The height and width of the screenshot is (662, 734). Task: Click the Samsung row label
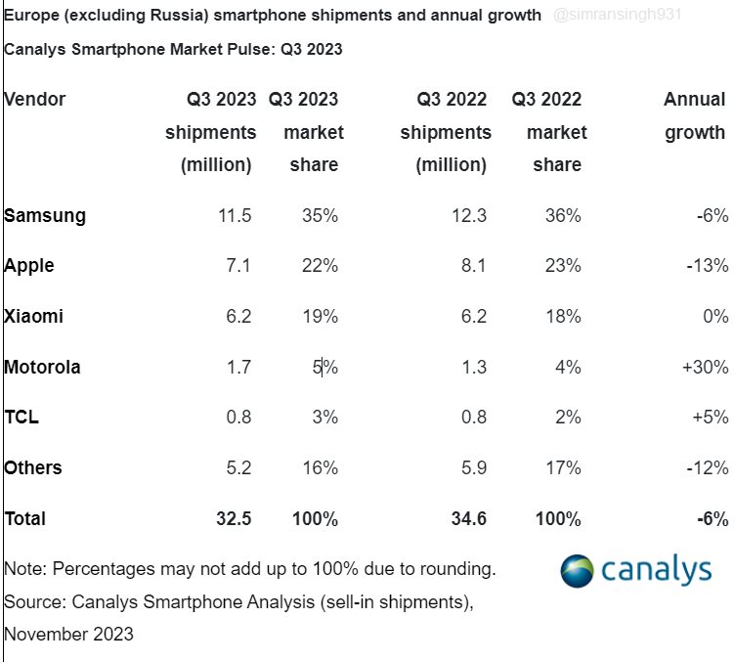point(45,216)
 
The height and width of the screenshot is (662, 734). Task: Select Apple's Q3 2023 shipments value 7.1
point(237,266)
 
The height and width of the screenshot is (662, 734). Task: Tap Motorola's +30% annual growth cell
point(704,368)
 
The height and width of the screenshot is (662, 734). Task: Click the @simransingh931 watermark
point(618,16)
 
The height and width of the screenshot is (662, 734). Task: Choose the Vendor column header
point(35,100)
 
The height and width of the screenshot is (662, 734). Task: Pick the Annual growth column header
point(695,116)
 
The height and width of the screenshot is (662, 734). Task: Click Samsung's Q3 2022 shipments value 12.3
point(468,216)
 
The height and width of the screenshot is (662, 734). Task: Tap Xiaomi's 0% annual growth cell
point(714,317)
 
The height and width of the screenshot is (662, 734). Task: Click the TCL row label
point(22,418)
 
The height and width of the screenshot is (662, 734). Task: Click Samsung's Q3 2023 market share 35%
point(319,216)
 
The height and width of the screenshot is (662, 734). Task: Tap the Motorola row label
point(42,368)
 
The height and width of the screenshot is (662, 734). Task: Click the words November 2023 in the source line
point(68,634)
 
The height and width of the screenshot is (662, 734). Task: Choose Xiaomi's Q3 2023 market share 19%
point(319,317)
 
